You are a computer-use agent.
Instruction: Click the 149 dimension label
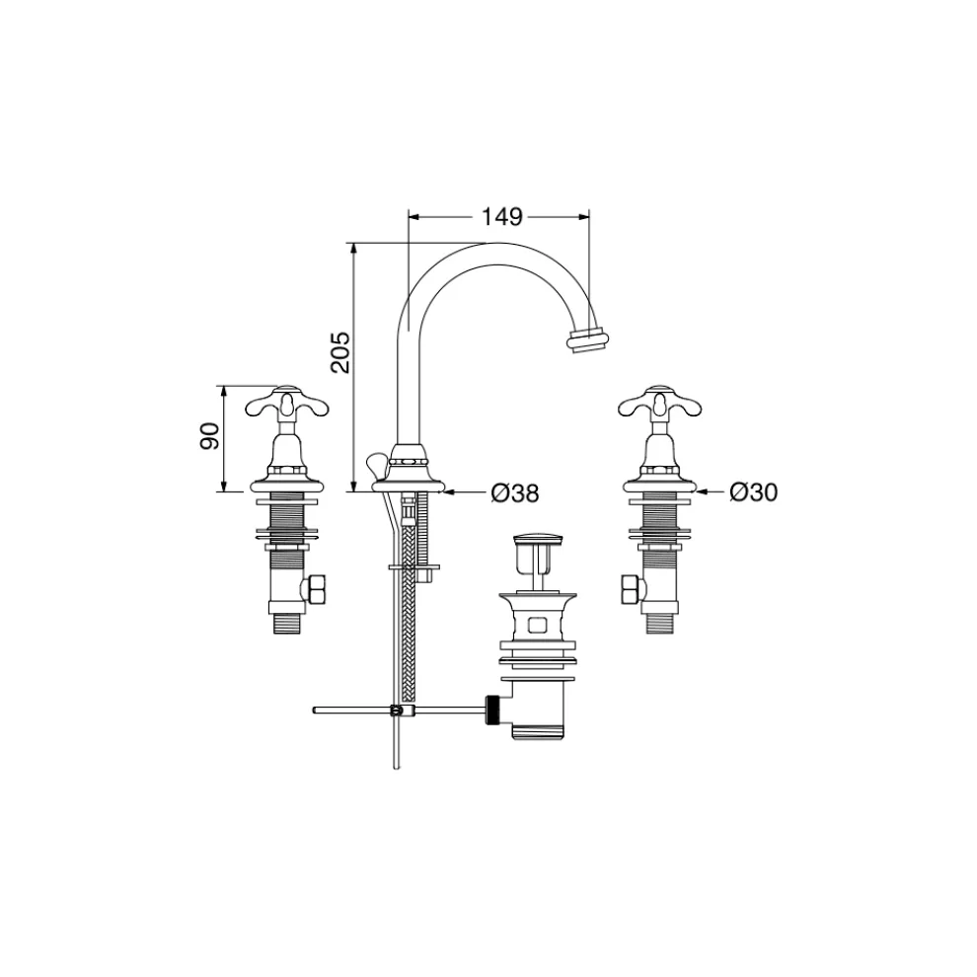click(x=501, y=217)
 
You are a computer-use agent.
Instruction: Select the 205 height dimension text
click(x=340, y=352)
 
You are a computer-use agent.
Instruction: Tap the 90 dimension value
click(x=210, y=436)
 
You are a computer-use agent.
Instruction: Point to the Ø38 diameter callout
click(x=515, y=493)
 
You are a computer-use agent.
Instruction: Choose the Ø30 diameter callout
click(x=754, y=492)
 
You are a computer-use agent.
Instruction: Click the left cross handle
click(x=286, y=404)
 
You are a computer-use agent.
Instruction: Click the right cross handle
click(x=659, y=404)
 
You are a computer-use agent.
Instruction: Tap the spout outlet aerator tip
click(x=586, y=339)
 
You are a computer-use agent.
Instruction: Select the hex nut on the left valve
click(x=313, y=589)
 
